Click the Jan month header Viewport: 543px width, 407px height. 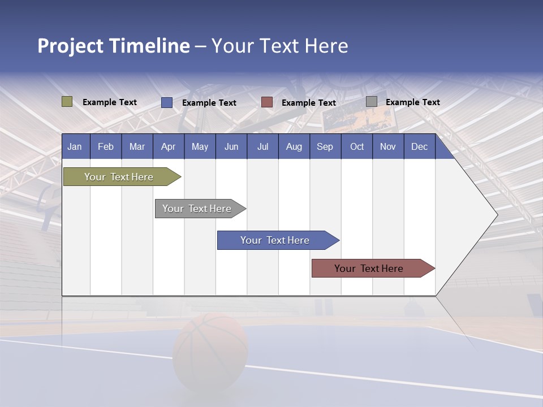pyautogui.click(x=75, y=146)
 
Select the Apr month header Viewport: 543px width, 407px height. pyautogui.click(x=168, y=146)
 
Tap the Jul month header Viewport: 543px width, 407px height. pyautogui.click(x=262, y=146)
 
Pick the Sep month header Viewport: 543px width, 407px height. pyautogui.click(x=325, y=146)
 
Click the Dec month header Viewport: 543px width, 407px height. pyautogui.click(x=419, y=146)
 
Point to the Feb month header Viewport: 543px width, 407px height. pyautogui.click(x=106, y=146)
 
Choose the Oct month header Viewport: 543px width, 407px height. pyautogui.click(x=356, y=146)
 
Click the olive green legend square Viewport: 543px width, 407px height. pyautogui.click(x=67, y=102)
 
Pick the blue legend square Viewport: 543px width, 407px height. pyautogui.click(x=166, y=102)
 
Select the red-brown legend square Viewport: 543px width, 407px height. pyautogui.click(x=266, y=102)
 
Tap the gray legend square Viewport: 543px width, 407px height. pyautogui.click(x=371, y=102)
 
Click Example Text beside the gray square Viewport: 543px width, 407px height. pyautogui.click(x=412, y=102)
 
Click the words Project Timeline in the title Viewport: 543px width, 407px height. pyautogui.click(x=113, y=46)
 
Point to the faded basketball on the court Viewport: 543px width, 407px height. pyautogui.click(x=210, y=350)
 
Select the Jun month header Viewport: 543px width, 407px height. pyautogui.click(x=231, y=146)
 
